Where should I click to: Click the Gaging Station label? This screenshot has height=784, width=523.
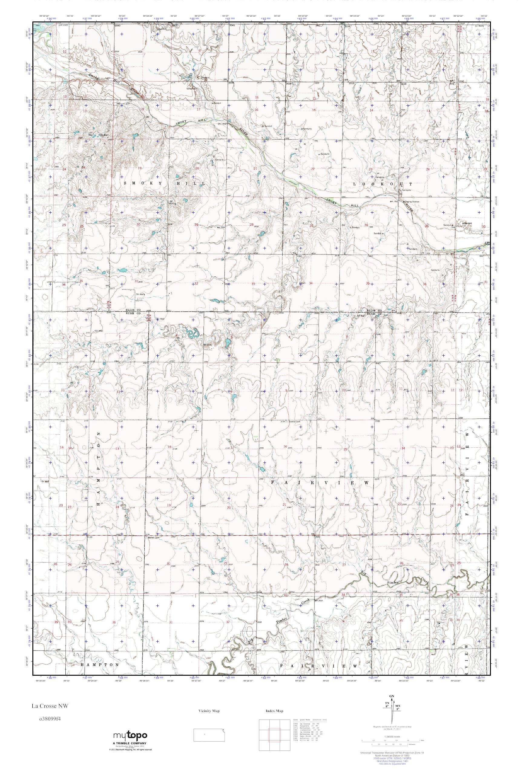(412, 202)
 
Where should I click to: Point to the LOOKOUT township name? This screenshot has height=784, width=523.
(383, 184)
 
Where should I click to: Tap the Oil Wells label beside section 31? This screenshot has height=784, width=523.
(140, 294)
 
